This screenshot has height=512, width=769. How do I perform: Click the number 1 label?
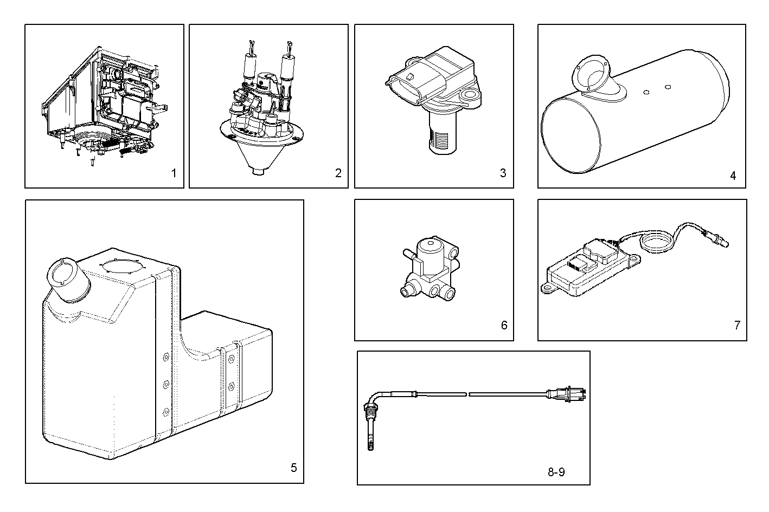174,173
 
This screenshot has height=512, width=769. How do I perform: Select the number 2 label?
338,173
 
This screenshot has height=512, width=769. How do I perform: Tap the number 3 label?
503,173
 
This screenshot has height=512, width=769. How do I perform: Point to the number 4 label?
733,176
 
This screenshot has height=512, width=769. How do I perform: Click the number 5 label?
293,468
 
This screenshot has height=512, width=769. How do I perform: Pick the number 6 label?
504,325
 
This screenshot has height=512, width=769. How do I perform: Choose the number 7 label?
737,325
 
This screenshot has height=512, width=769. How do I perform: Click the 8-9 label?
556,472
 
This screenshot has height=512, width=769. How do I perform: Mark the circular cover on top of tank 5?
123,268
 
